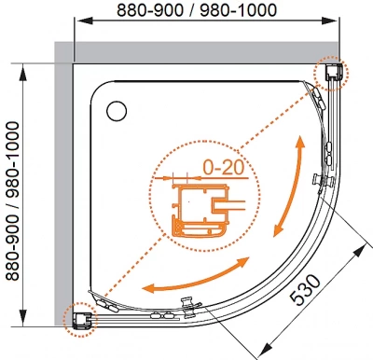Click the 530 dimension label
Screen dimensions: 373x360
(x=305, y=290)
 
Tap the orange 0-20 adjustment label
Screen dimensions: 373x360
(x=223, y=168)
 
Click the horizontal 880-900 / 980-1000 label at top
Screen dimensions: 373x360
(x=197, y=10)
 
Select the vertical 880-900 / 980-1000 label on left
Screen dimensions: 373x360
(x=13, y=201)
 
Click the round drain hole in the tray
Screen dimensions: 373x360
(x=117, y=111)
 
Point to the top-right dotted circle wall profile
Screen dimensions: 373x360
(x=331, y=74)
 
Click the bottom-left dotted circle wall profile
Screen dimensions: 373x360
(x=80, y=320)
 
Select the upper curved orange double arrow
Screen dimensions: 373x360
(x=288, y=186)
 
